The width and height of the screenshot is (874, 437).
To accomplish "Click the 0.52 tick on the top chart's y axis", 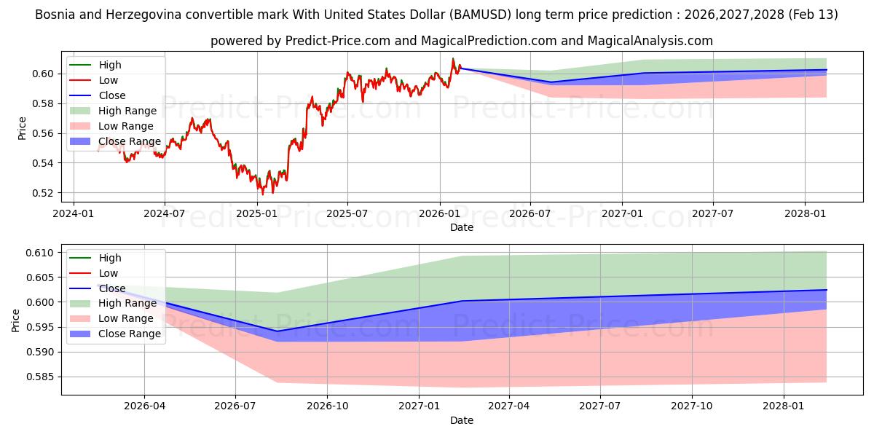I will (x=44, y=193).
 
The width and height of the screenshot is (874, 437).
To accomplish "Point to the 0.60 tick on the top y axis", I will (x=44, y=74).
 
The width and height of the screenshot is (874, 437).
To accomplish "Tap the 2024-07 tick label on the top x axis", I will (x=164, y=213).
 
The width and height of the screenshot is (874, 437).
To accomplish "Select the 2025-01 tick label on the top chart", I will (x=256, y=213).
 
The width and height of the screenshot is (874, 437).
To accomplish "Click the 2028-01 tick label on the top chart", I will (x=805, y=213).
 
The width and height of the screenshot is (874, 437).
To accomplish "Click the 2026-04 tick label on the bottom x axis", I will (x=144, y=406).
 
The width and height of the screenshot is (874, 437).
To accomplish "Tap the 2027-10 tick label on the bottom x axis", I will (x=692, y=406).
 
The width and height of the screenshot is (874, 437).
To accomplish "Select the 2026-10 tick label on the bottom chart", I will (x=327, y=406).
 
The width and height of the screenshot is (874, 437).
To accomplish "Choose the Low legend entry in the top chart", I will (x=108, y=80).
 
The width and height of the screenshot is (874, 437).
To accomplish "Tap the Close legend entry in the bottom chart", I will (x=111, y=288).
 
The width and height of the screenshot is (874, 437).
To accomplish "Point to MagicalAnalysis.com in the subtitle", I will (x=641, y=41).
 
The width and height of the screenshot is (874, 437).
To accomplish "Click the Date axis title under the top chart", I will (x=461, y=227).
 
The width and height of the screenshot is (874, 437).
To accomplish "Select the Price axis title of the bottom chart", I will (x=16, y=320).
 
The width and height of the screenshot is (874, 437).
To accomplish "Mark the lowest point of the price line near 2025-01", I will (x=263, y=194).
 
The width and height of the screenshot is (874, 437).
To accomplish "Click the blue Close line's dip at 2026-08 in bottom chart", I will (x=277, y=331).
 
